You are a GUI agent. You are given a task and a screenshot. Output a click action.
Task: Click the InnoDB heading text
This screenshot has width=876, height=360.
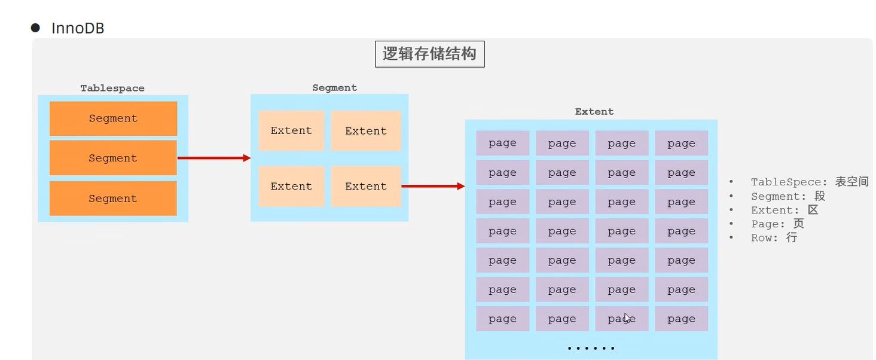[x=78, y=28]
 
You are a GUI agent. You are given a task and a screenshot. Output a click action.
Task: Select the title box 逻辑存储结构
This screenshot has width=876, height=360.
[x=429, y=54]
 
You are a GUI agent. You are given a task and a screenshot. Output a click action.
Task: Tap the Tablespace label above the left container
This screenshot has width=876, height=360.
[x=112, y=89]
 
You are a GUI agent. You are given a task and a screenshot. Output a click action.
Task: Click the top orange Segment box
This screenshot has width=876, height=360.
[x=113, y=118]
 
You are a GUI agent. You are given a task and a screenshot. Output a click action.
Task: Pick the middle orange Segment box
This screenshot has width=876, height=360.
[x=113, y=158]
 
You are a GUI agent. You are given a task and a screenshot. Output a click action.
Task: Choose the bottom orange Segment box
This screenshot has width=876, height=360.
[x=113, y=199]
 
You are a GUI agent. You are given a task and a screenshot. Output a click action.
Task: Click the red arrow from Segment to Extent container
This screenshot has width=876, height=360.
[x=213, y=158]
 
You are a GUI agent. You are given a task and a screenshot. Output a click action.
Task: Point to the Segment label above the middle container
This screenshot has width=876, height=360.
[x=334, y=88]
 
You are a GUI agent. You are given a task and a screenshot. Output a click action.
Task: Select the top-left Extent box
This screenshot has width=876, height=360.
[x=291, y=130]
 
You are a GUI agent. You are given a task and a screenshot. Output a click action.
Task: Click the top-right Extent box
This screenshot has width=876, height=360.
[x=366, y=130]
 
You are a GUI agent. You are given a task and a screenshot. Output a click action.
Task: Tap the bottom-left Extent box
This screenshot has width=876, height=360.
[x=291, y=186]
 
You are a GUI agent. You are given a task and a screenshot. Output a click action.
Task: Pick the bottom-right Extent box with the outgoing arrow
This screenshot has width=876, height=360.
[x=366, y=186]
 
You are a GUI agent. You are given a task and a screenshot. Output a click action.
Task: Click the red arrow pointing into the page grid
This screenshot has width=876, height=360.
[x=433, y=186]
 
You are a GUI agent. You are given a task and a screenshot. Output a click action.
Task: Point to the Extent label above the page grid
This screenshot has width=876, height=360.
[x=594, y=112]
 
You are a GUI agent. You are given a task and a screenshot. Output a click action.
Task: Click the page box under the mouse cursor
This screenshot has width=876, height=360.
[x=621, y=319]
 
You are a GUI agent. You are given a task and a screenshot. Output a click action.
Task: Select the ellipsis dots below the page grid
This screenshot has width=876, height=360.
[x=591, y=348]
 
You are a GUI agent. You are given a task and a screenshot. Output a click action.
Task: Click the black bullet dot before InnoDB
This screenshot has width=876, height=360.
[x=35, y=28]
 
